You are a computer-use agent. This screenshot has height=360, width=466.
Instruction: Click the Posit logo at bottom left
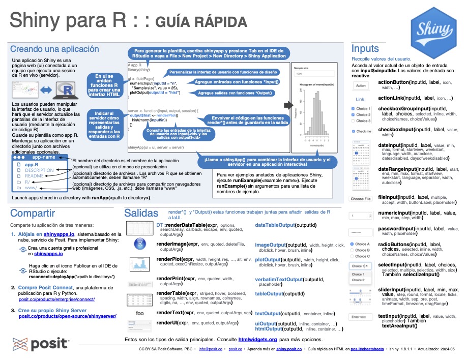(x=41, y=344)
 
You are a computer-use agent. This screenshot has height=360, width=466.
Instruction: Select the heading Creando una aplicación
(x=54, y=49)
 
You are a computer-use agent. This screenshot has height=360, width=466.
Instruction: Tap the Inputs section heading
(x=365, y=49)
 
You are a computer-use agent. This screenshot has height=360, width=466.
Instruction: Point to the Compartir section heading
(x=33, y=213)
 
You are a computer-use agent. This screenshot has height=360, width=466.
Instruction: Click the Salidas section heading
(x=144, y=213)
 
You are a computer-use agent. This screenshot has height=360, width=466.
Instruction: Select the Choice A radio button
(x=352, y=244)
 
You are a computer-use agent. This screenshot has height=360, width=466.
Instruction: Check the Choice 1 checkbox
(x=354, y=109)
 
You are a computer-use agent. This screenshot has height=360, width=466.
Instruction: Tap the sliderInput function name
(x=393, y=289)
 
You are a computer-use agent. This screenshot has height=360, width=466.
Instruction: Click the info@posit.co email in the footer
(x=211, y=350)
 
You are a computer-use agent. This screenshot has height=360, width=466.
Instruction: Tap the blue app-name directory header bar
(x=41, y=157)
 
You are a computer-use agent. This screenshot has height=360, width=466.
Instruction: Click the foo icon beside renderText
(x=140, y=313)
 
